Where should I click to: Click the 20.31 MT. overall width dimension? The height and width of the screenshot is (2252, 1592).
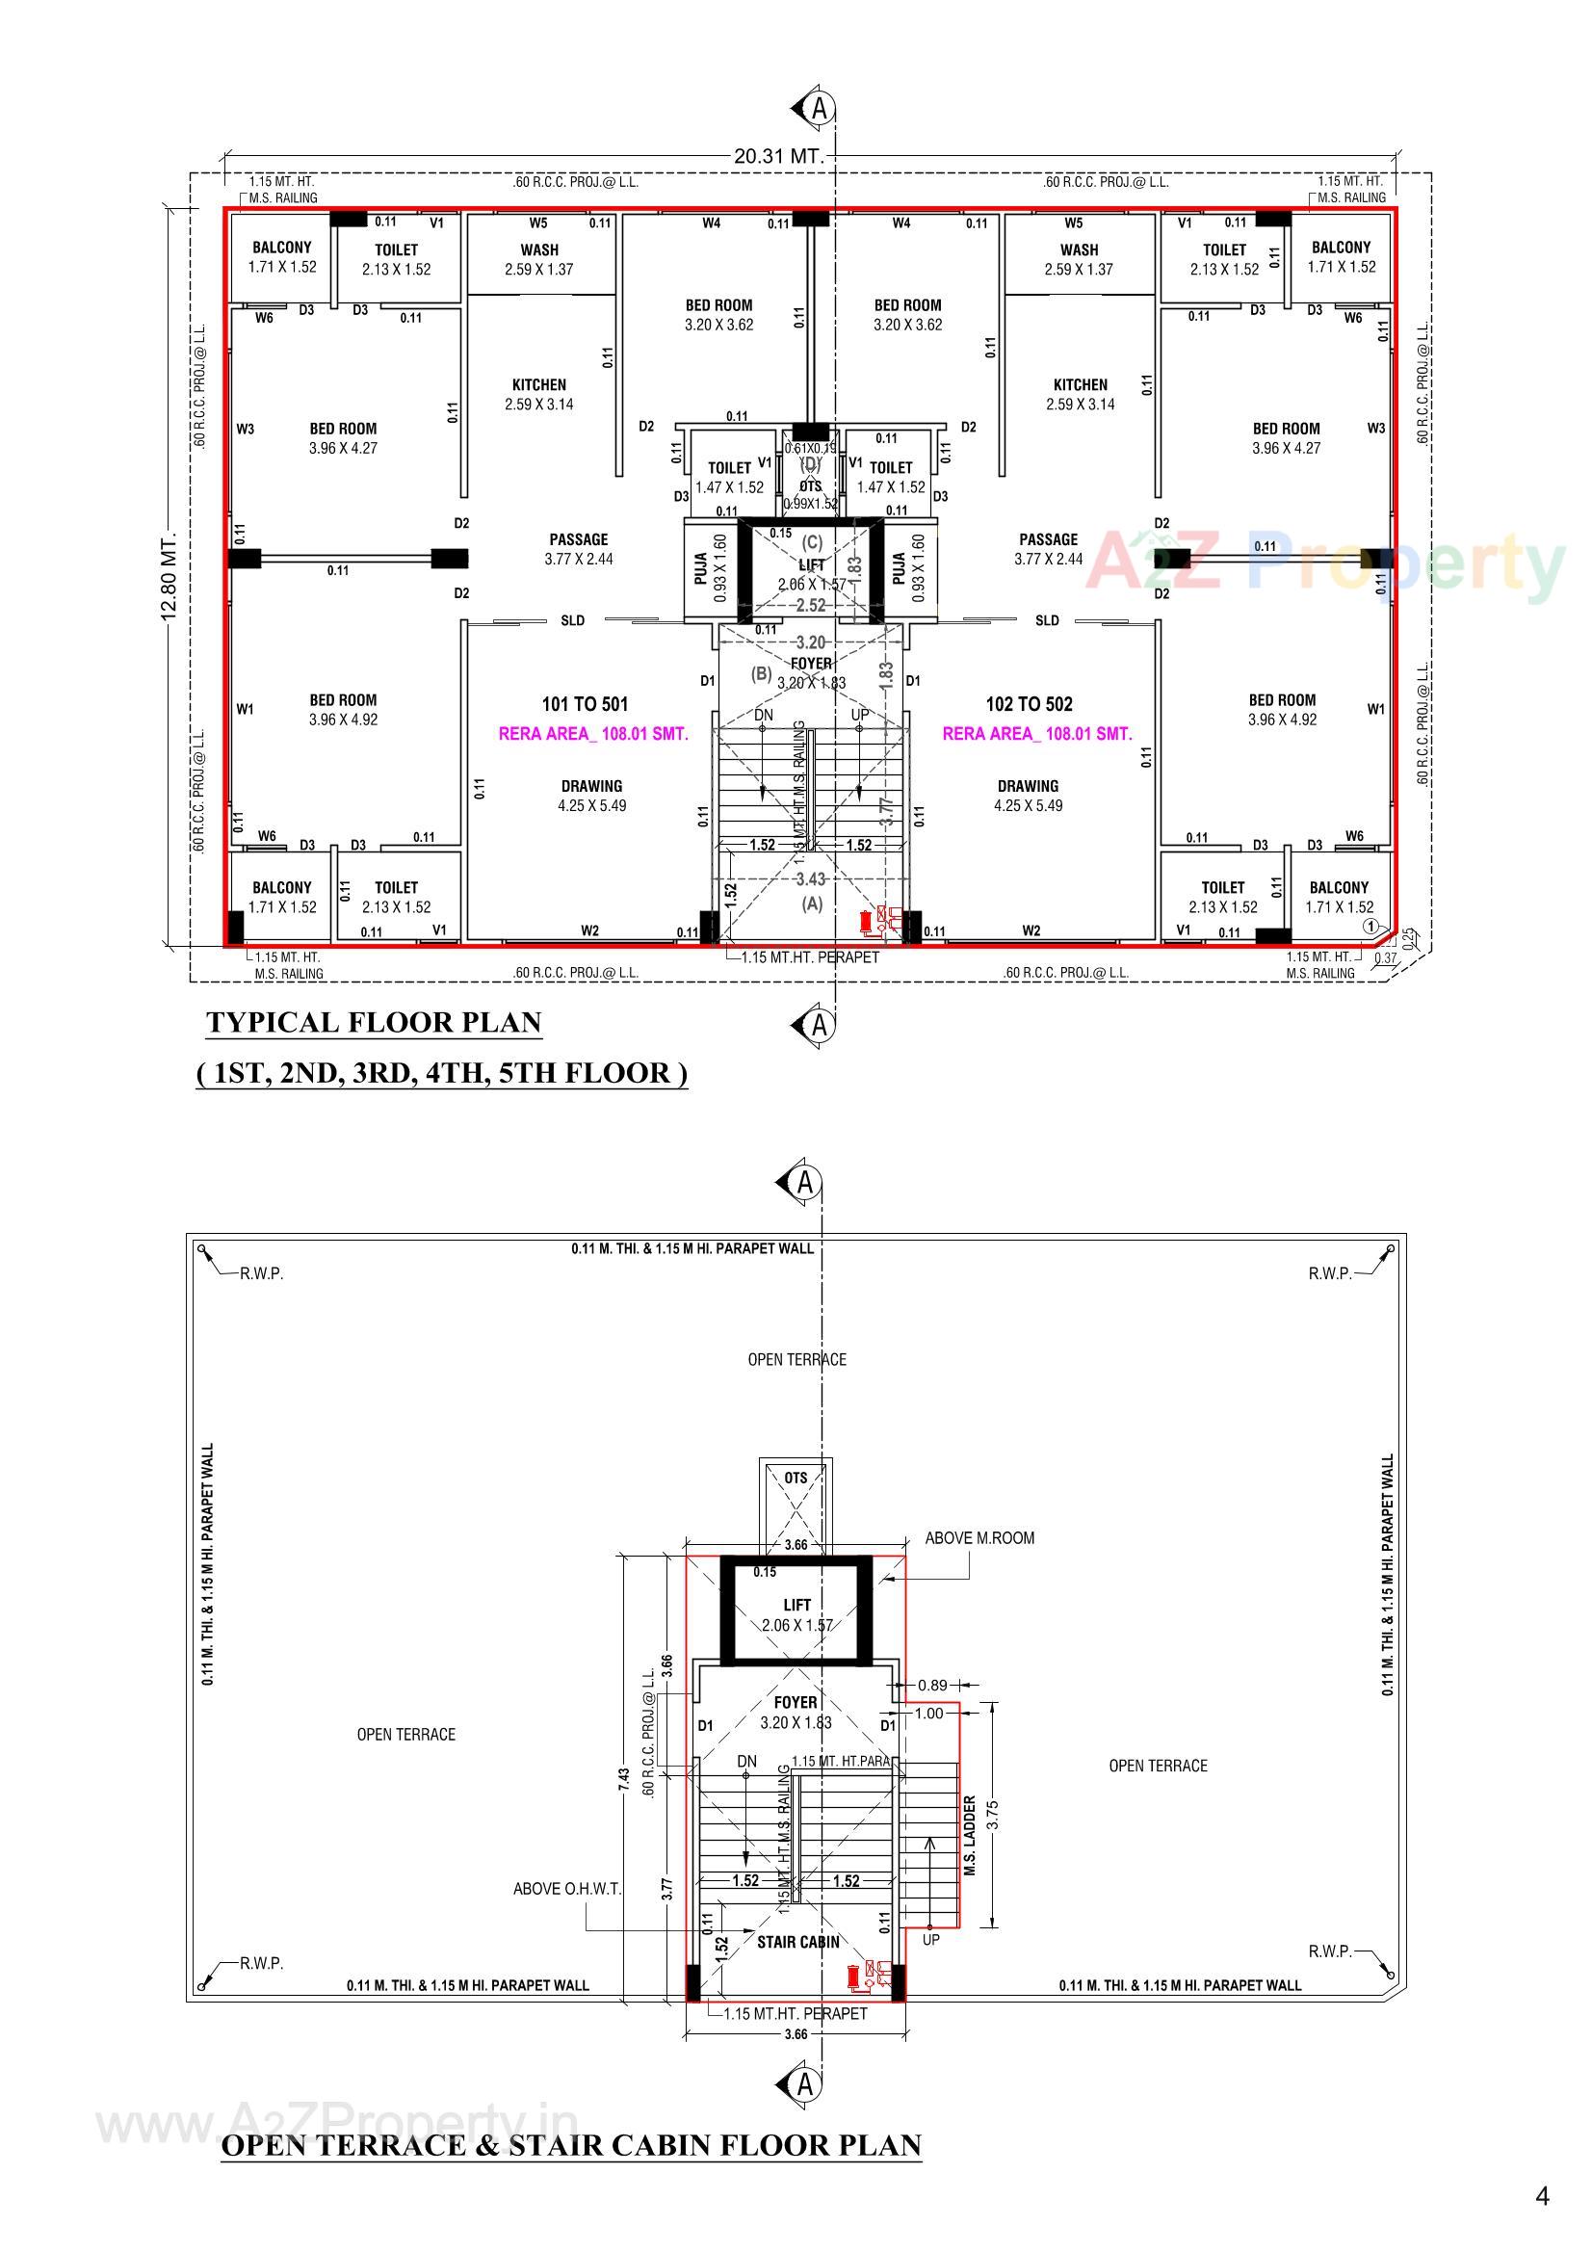click(x=777, y=155)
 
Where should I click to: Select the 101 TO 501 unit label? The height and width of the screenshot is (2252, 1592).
click(x=585, y=704)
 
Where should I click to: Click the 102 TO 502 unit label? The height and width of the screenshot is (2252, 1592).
click(x=1028, y=704)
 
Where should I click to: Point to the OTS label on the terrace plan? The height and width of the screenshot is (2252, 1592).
click(x=796, y=1478)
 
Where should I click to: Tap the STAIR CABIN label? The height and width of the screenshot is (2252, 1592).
click(x=797, y=1941)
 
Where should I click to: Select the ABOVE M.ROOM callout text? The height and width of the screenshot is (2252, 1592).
click(x=979, y=1538)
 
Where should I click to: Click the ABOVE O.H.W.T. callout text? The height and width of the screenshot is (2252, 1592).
click(x=567, y=1888)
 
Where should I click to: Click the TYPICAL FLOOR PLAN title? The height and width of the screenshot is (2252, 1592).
click(x=374, y=1022)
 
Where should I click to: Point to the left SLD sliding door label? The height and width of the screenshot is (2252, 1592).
click(x=572, y=620)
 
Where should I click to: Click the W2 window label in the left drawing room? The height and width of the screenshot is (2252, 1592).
click(x=589, y=930)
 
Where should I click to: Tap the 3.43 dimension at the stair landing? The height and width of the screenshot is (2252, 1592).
click(x=810, y=878)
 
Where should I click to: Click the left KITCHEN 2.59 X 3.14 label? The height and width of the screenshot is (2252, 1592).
click(x=538, y=394)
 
